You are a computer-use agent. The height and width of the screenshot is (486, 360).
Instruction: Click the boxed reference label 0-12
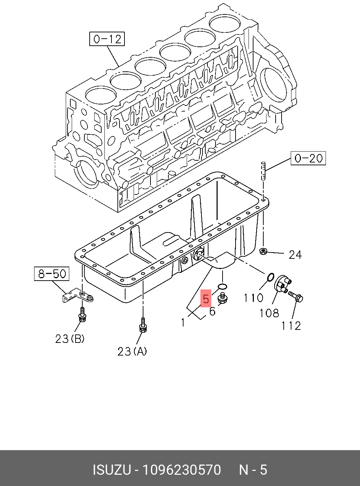click(107, 39)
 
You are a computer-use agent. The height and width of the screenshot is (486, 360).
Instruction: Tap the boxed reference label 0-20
click(308, 158)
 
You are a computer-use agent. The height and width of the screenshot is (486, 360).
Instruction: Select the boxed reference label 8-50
click(52, 274)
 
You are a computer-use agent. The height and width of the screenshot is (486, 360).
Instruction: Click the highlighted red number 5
click(206, 299)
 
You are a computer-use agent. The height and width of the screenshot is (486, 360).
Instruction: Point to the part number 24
click(295, 254)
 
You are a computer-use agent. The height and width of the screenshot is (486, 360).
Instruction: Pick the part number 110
click(253, 298)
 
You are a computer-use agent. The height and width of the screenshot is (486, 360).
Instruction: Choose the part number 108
click(269, 313)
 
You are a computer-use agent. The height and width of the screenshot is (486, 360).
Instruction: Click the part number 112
click(291, 326)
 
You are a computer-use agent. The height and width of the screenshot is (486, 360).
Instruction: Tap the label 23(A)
click(132, 351)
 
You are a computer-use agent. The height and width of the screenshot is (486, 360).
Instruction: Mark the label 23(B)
click(70, 339)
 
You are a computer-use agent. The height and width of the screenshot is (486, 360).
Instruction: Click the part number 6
click(212, 311)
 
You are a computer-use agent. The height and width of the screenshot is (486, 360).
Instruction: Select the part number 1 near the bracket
click(183, 322)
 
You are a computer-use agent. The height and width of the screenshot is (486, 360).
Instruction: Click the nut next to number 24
click(263, 251)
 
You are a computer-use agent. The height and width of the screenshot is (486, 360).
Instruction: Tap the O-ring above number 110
click(270, 277)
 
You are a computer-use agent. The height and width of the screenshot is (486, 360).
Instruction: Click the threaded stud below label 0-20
click(263, 171)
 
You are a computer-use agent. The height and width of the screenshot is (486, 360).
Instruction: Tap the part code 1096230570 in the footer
click(181, 470)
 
